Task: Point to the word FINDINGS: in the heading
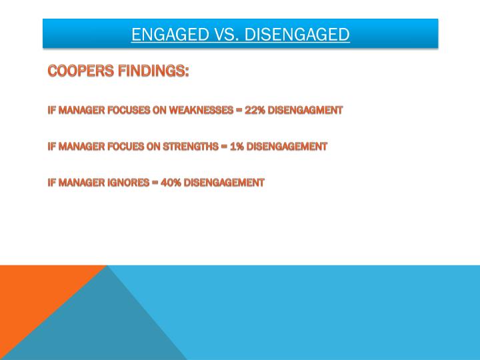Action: coord(151,71)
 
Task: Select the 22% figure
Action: coord(255,110)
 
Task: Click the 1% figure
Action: coord(237,146)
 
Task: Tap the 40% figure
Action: coord(171,182)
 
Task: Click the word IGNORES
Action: coord(128,182)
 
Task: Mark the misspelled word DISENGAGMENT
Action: coord(305,110)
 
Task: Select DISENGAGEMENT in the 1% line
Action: coord(287,146)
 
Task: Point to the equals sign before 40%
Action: coord(155,182)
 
